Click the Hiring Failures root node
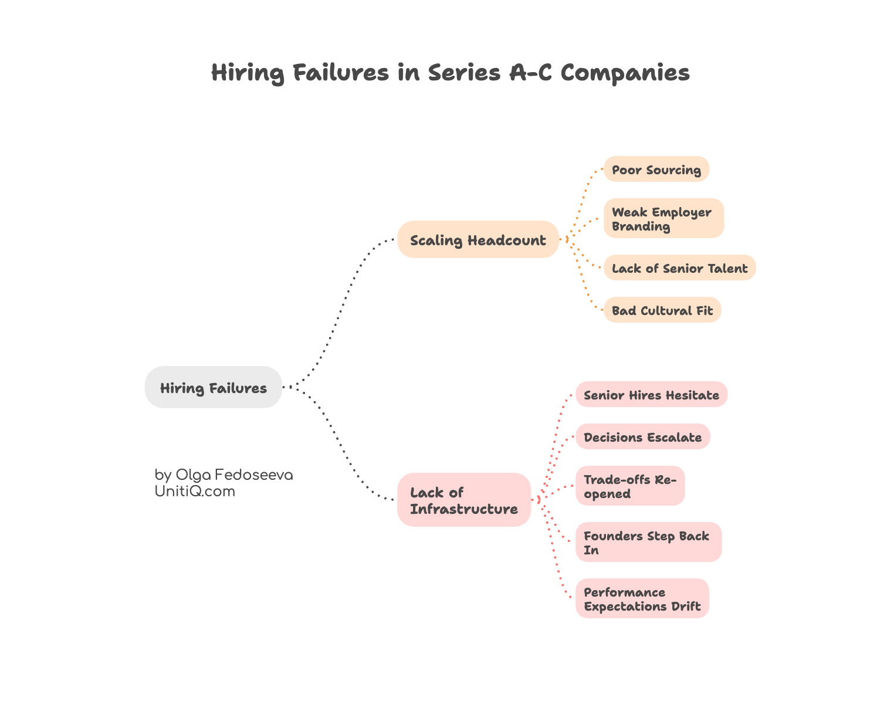[214, 387]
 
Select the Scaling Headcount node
[478, 239]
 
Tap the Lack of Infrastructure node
[463, 500]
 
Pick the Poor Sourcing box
[656, 170]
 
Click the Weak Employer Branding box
[663, 219]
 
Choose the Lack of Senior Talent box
[679, 268]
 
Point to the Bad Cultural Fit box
[662, 310]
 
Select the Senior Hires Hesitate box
[651, 395]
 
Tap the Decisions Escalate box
[642, 437]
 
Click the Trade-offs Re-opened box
[629, 486]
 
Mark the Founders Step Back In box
[648, 543]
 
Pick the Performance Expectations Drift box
[642, 599]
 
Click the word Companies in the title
[625, 73]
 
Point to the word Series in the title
[463, 73]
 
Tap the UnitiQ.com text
[195, 492]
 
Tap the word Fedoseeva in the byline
[254, 475]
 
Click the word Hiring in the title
[248, 73]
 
